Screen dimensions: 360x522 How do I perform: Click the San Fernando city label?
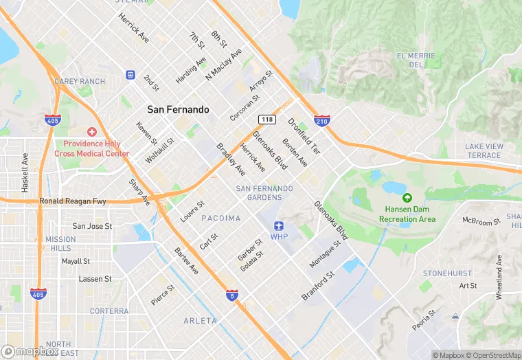click(178, 109)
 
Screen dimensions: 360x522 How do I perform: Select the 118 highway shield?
click(268, 120)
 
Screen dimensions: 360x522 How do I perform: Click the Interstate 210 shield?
click(321, 121)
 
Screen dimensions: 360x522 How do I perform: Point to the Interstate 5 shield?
click(233, 295)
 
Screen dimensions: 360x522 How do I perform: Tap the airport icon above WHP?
click(278, 225)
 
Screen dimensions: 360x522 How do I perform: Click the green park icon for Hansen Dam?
click(407, 198)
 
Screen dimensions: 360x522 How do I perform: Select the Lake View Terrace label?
click(484, 150)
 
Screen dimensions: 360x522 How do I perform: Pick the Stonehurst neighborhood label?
click(447, 273)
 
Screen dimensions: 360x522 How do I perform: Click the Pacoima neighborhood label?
click(221, 218)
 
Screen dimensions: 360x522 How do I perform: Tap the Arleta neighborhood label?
click(201, 321)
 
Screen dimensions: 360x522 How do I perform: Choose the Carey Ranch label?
click(80, 81)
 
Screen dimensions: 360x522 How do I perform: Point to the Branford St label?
click(317, 286)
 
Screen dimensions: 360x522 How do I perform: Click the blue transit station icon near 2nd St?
click(130, 74)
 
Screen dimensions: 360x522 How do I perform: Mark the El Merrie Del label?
click(416, 60)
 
